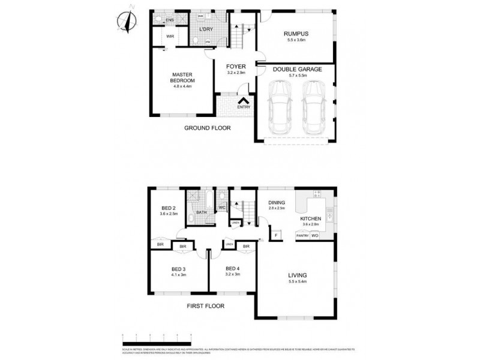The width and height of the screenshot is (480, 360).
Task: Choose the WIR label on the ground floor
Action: click(x=170, y=36)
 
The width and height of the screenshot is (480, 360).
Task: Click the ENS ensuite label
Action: click(x=170, y=20)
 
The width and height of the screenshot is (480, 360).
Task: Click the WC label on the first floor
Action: click(x=222, y=208)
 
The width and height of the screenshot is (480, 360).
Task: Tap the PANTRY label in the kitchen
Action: click(x=302, y=236)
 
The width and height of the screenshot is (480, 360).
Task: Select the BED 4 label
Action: click(x=233, y=268)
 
